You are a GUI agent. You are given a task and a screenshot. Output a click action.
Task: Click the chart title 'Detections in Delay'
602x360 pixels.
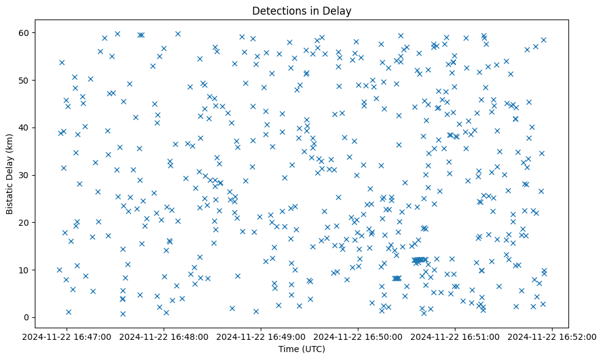(x=301, y=10)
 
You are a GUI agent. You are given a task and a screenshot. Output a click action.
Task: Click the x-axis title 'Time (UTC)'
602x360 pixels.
(x=301, y=349)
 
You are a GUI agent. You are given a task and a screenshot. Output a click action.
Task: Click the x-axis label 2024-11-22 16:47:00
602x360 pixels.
(x=67, y=336)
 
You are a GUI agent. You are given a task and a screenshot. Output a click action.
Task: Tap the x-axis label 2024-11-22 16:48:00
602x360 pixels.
(x=164, y=336)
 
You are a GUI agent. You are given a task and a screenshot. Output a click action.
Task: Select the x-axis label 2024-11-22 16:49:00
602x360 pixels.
(x=261, y=336)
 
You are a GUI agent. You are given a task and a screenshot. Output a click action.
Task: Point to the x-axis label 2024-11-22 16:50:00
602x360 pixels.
(x=358, y=336)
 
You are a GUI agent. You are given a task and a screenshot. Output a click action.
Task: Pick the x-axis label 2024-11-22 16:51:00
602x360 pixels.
(x=455, y=336)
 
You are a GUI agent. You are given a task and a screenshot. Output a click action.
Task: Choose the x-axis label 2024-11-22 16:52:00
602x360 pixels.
(x=553, y=336)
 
